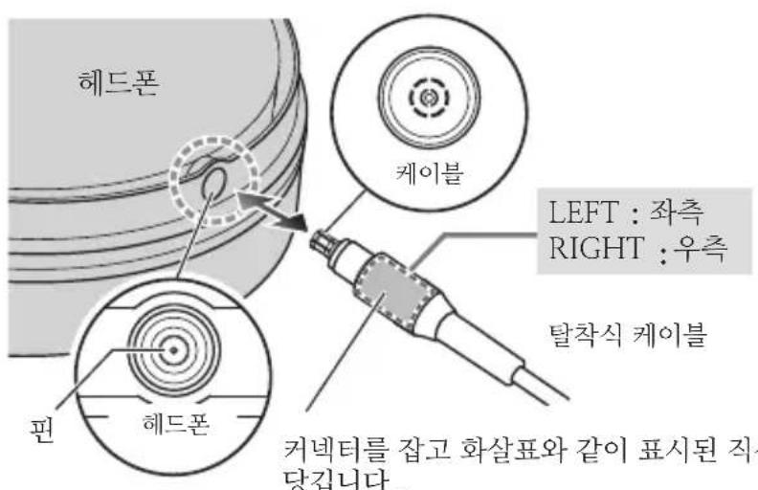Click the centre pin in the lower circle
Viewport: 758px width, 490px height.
coord(173,351)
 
